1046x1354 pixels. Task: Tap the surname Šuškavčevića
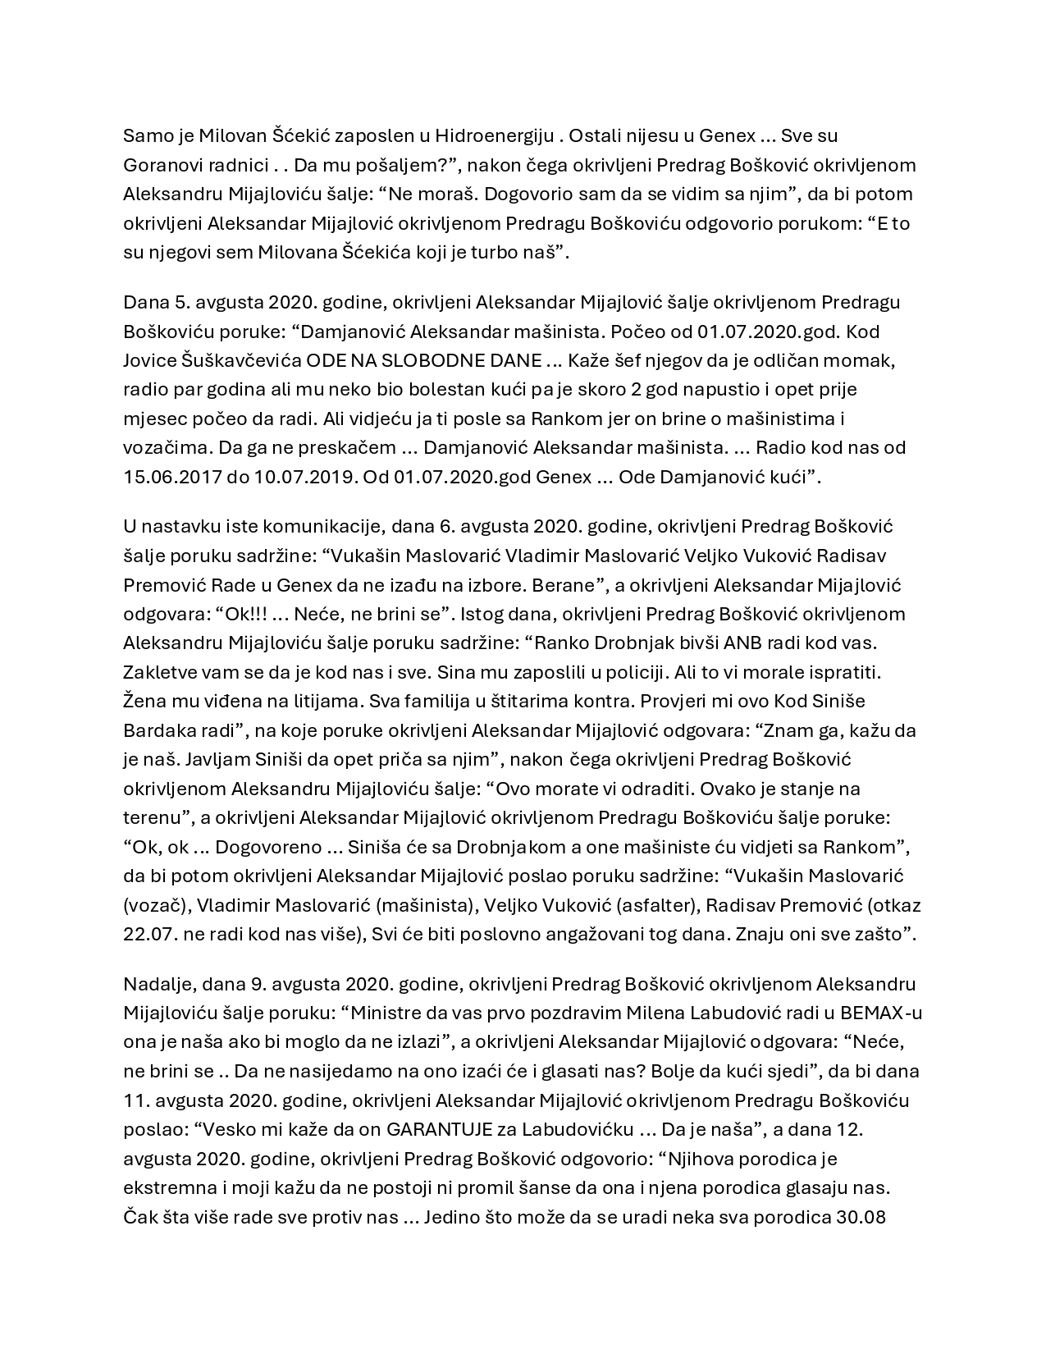tap(233, 360)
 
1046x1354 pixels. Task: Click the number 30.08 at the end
tap(861, 1217)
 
